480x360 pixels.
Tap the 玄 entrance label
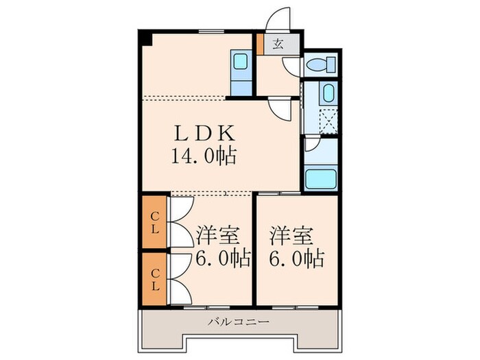coord(278,45)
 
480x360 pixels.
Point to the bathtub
coord(320,178)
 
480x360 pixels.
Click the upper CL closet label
coord(156,224)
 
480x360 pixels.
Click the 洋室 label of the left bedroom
coord(218,235)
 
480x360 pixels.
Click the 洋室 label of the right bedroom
coord(291,235)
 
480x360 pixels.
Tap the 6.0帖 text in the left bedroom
coord(222,259)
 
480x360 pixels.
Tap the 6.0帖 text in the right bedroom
coord(296,259)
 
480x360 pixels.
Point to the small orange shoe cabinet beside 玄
coord(260,45)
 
